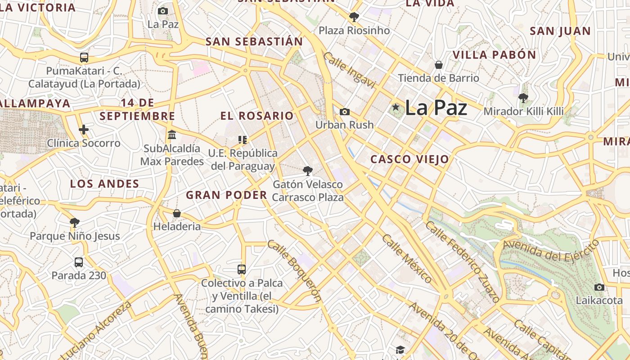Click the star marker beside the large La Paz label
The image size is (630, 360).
pos(396,107)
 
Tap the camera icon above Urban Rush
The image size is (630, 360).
pos(345,112)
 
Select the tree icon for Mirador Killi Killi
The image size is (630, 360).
pos(523,98)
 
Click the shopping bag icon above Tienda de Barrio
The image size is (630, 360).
pos(439,65)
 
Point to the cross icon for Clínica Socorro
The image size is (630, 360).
pos(84,130)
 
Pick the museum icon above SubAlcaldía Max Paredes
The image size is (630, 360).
pos(171,135)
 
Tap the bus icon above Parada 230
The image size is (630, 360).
pos(79,262)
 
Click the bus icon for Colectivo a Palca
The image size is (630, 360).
pos(242,270)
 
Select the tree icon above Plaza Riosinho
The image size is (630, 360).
pos(354,17)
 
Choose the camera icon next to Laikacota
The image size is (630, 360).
pos(599,287)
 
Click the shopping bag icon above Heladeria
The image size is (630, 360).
pos(177,213)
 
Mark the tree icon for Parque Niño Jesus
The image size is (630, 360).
pos(75,222)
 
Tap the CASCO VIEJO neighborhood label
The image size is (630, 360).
pos(409,159)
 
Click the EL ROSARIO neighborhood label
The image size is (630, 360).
pos(257,116)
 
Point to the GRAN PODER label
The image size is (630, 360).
pos(226,195)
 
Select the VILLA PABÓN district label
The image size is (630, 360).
pos(494,55)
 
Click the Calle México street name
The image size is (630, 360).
pos(407,258)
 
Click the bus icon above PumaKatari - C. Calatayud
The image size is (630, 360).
pos(84,58)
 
